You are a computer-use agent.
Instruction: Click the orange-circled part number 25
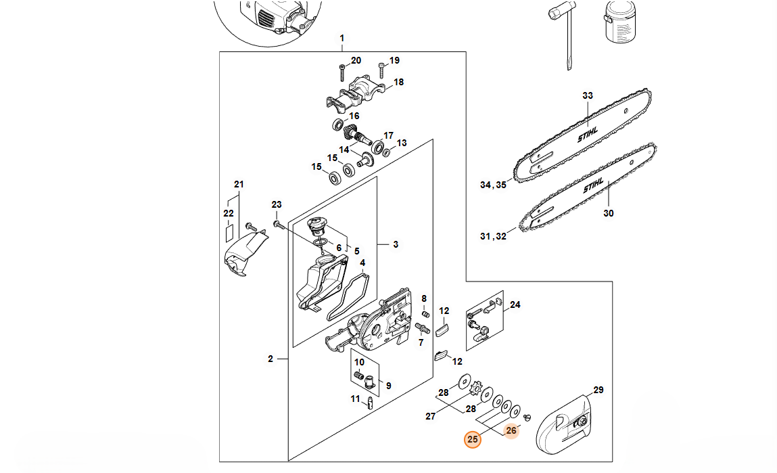tap(473, 439)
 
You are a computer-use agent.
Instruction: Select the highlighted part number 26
tap(511, 430)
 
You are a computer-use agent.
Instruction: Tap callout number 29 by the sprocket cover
tap(598, 390)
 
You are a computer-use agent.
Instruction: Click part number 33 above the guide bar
tap(587, 95)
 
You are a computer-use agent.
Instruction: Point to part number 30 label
tap(609, 213)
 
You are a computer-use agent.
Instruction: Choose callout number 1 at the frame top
tap(342, 38)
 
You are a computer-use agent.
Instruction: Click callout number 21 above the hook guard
tap(238, 184)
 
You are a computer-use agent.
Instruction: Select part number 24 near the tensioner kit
tap(515, 305)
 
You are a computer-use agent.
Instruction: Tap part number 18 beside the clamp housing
tap(398, 82)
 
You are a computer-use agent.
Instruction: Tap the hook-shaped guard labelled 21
tap(243, 256)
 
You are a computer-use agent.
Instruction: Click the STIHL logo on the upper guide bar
tap(588, 135)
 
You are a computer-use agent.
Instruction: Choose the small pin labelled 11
tap(371, 404)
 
